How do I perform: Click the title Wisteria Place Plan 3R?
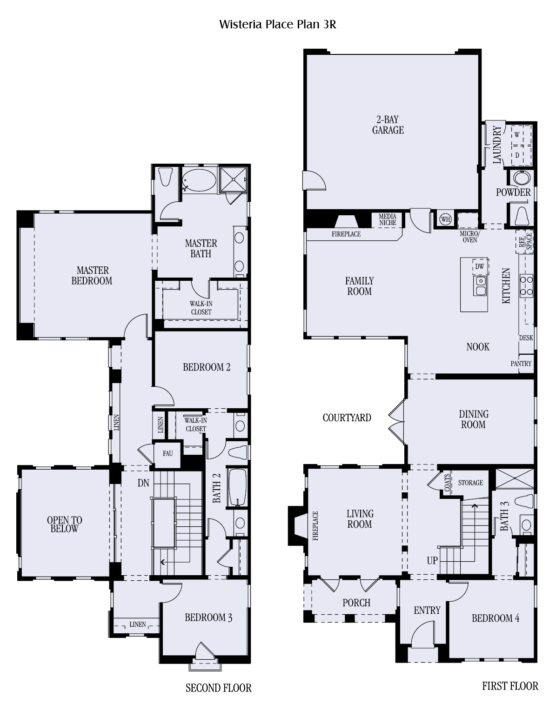[277, 25]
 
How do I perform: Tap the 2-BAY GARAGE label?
[388, 125]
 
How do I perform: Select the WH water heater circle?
[445, 219]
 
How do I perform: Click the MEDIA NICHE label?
[387, 219]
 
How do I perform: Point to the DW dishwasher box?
[480, 266]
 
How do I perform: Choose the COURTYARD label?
[347, 418]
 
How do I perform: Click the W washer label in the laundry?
[517, 135]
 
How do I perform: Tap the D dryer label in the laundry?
[517, 155]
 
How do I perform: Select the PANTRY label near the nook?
[521, 363]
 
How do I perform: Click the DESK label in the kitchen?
[526, 338]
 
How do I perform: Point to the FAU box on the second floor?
[167, 454]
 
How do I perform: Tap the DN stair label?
[143, 483]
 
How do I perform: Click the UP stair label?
[432, 561]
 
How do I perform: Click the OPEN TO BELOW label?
[64, 524]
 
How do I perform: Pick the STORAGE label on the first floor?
[470, 483]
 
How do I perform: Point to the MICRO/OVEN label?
[470, 237]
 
